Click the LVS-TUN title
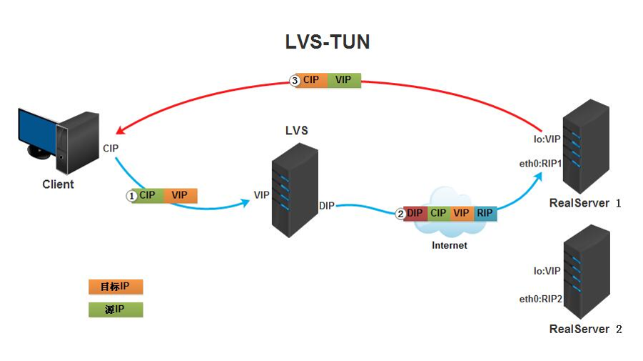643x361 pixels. click(328, 42)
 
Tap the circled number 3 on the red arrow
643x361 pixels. click(295, 81)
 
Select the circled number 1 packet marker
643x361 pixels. click(131, 195)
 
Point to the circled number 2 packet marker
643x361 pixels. click(400, 213)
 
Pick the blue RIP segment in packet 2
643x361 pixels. click(485, 213)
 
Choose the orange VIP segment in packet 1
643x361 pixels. click(180, 195)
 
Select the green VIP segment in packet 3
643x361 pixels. click(343, 80)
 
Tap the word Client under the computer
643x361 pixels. click(58, 184)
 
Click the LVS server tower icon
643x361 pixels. click(293, 189)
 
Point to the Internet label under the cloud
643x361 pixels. click(450, 245)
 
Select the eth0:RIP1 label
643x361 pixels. click(540, 164)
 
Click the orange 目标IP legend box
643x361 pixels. click(116, 287)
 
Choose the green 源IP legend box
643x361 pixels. click(116, 310)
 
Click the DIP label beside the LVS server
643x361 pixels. click(327, 206)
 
